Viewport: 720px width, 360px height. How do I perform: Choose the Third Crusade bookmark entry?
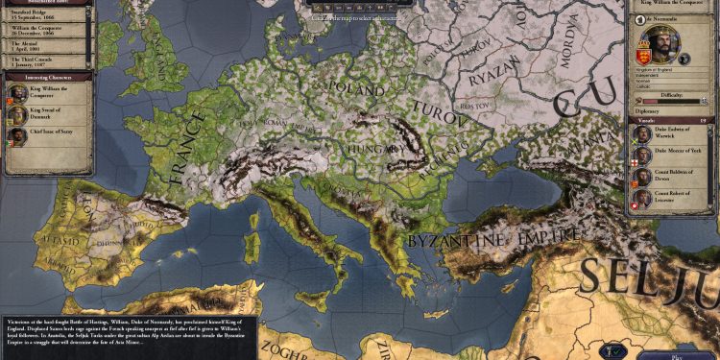(43, 60)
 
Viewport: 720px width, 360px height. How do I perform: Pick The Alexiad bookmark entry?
(43, 46)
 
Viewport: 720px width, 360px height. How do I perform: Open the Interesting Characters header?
(46, 76)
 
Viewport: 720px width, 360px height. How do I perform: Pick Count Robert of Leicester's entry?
(672, 201)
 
